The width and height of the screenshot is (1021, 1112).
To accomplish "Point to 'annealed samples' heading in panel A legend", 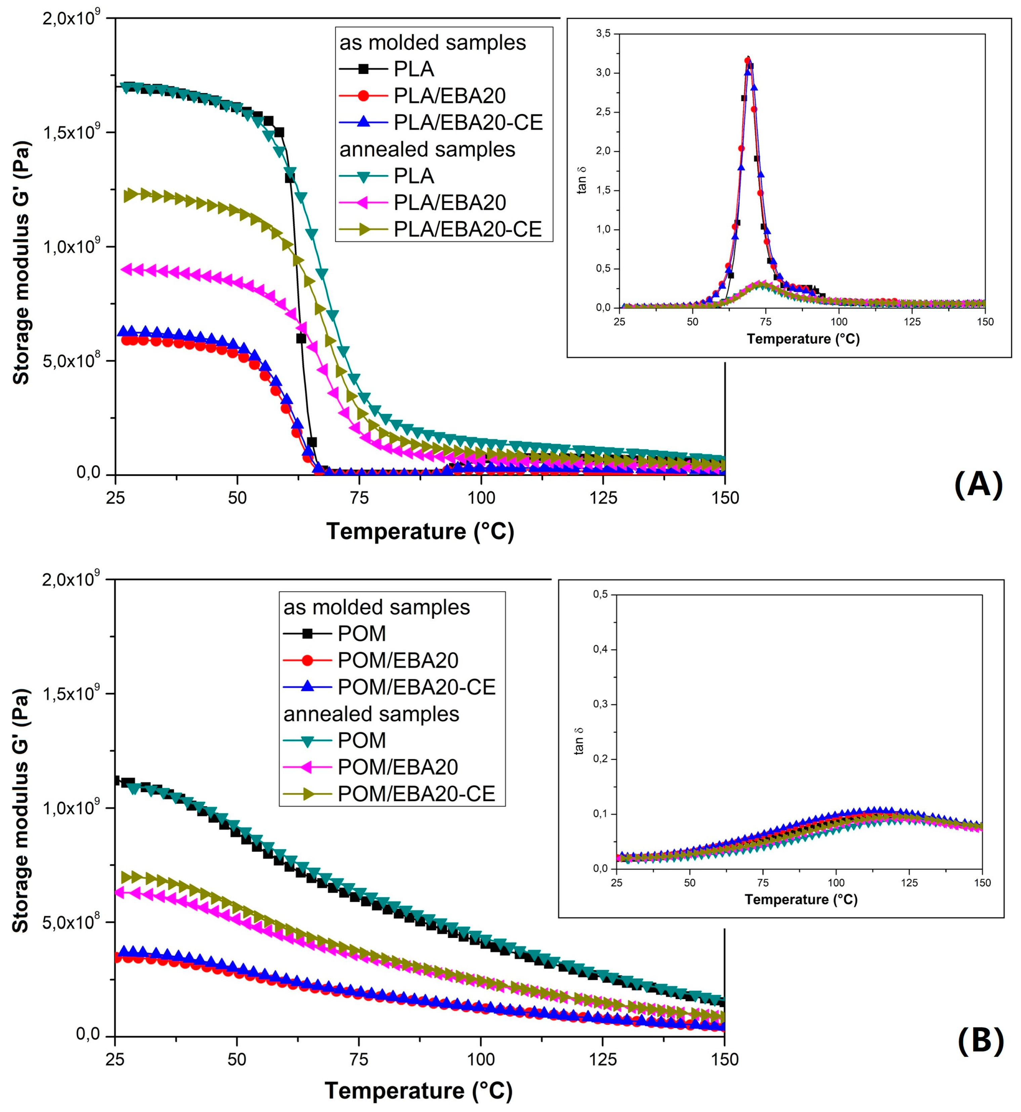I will tap(427, 149).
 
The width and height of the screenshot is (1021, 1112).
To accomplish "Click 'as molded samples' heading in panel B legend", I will tap(376, 607).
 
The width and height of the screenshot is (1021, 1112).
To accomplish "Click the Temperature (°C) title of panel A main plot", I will tap(420, 531).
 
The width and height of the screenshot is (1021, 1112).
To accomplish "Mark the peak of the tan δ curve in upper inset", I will tap(748, 58).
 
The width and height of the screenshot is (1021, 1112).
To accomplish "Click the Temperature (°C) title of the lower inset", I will tap(801, 899).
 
